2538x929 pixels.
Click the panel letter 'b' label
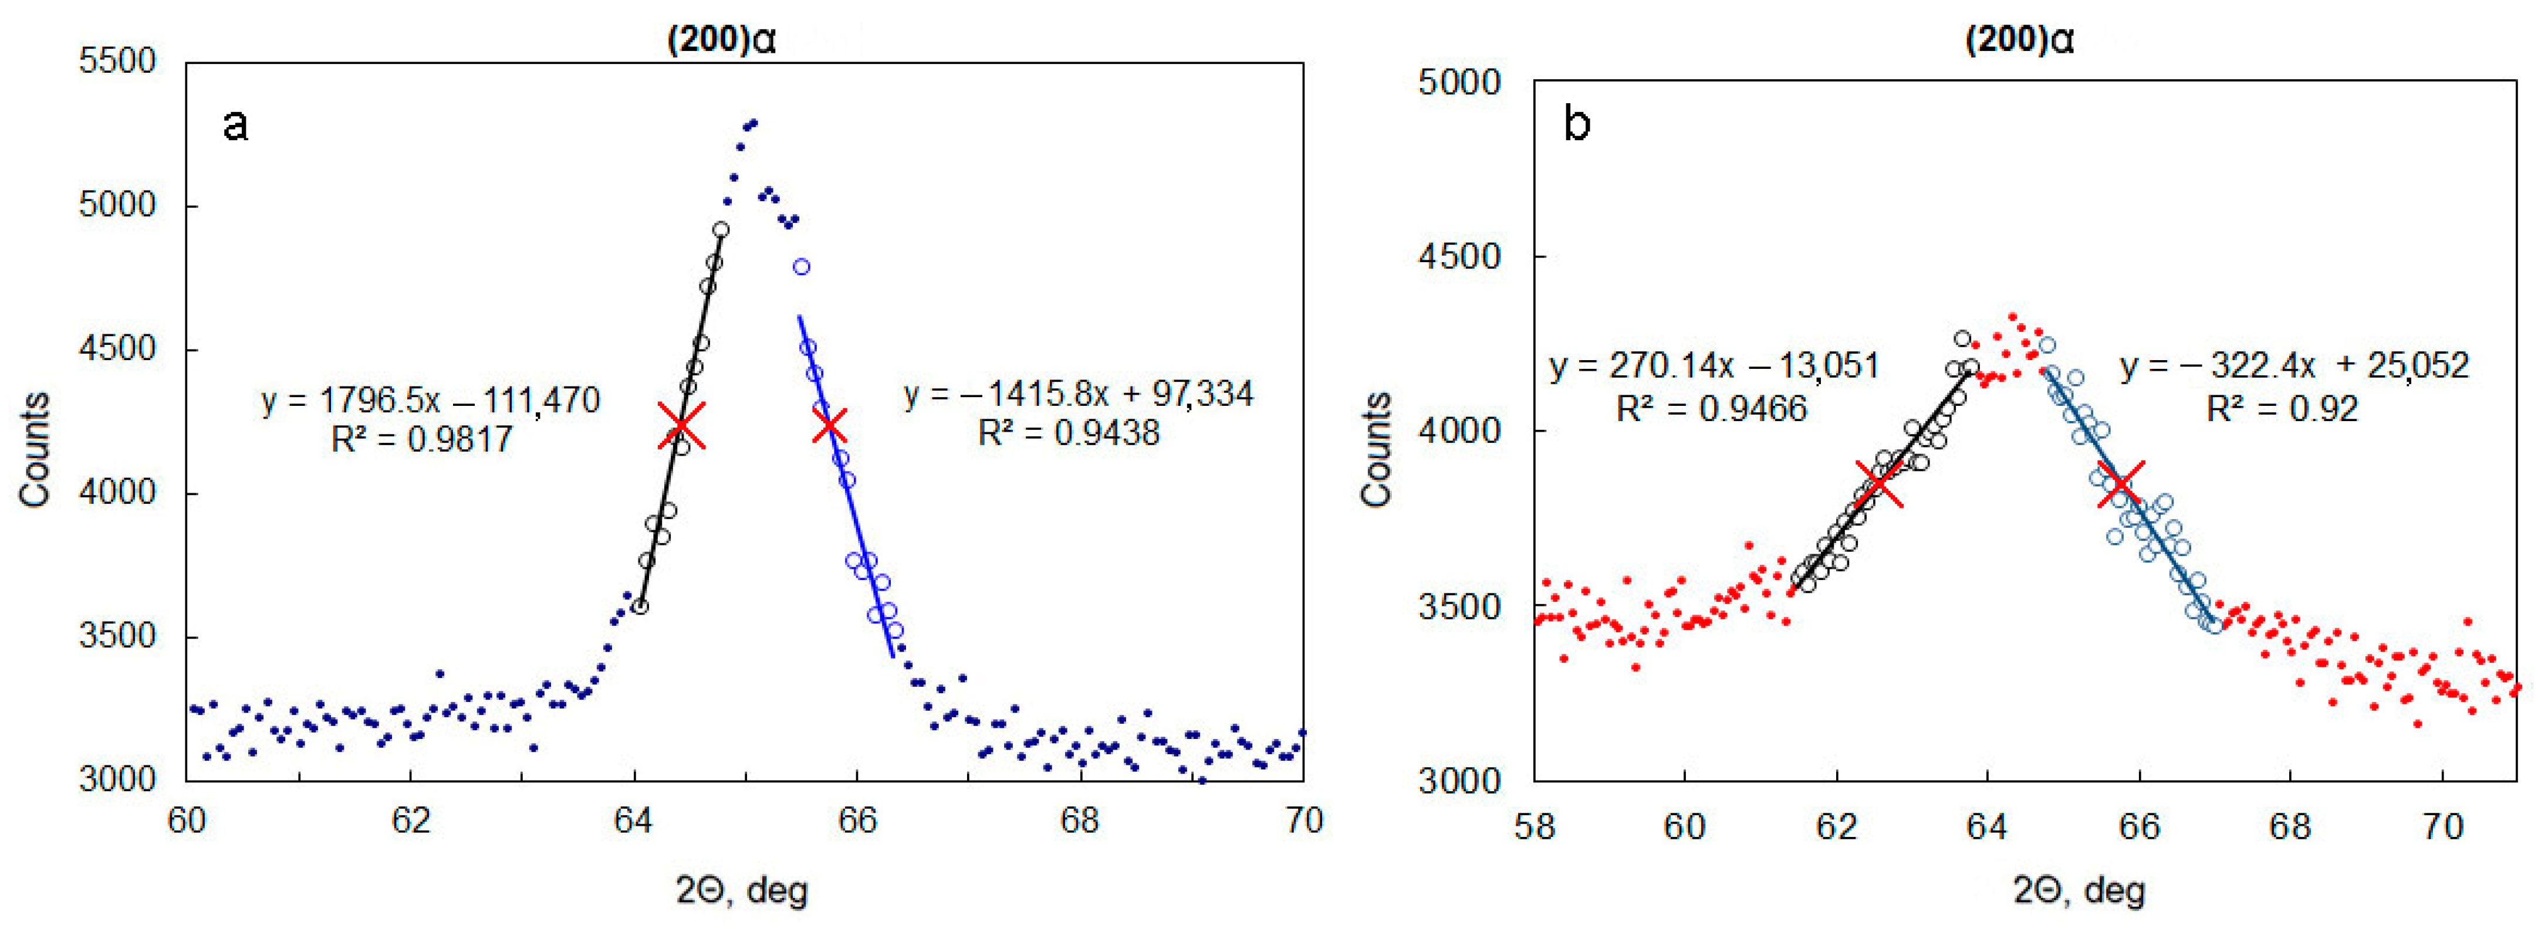[x=1576, y=125]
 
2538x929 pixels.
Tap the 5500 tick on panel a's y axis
[x=117, y=61]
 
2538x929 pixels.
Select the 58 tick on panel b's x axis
[x=1534, y=826]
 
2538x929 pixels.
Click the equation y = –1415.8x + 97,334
[x=1078, y=394]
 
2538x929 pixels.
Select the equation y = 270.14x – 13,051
[x=1714, y=367]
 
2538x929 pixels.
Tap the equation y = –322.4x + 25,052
[x=2294, y=367]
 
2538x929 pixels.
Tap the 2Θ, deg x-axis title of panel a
[x=741, y=890]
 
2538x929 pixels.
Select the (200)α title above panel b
[x=2020, y=39]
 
